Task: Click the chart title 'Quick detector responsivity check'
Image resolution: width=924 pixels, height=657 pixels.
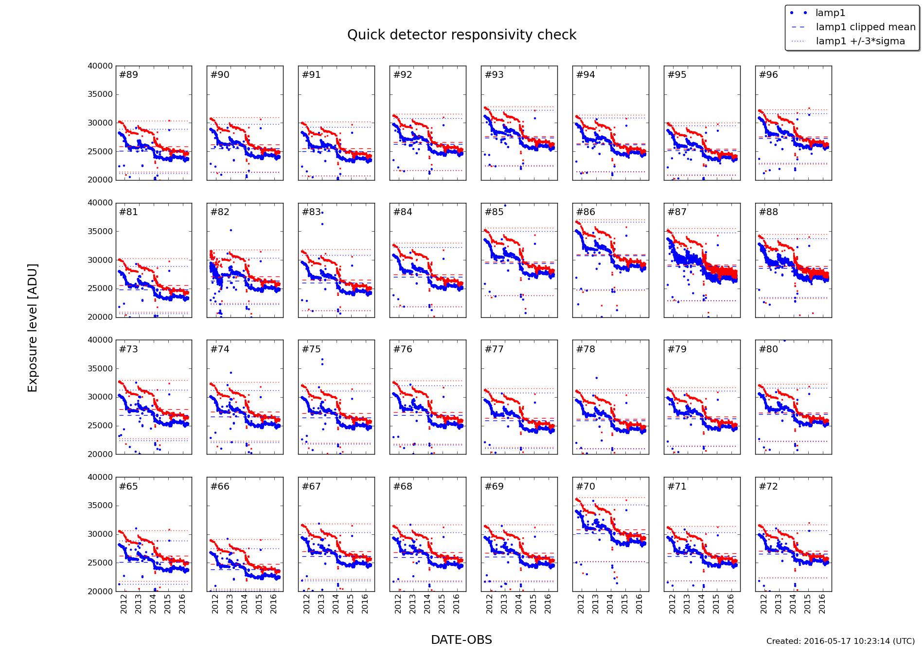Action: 462,35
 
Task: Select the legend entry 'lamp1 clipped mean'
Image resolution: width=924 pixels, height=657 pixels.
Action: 865,27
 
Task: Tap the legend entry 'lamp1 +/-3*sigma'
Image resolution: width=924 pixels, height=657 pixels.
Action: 860,41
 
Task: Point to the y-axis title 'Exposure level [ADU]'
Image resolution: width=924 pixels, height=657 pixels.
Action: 33,328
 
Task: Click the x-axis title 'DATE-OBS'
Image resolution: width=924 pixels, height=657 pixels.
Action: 462,640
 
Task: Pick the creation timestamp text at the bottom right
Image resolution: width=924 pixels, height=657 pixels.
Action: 840,641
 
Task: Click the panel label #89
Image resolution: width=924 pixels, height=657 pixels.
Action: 128,75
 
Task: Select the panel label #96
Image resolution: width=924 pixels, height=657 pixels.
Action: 768,75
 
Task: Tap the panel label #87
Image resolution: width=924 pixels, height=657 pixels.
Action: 677,212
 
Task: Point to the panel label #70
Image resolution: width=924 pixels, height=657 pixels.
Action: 586,487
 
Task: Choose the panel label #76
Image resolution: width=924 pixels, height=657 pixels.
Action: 403,349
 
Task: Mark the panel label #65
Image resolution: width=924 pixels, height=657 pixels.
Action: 128,487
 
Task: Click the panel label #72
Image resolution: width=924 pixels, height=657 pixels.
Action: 768,487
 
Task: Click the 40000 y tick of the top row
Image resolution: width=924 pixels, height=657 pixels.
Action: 100,66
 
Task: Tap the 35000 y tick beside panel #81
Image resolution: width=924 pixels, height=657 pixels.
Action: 100,232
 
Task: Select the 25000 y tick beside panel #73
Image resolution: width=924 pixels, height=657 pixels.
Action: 100,426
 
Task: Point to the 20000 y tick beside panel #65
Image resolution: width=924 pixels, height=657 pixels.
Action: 100,591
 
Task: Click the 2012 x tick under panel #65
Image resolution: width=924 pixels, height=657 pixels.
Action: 124,603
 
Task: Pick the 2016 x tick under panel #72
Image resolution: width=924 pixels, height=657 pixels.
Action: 822,603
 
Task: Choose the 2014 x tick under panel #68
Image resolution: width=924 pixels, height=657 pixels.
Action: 427,603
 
